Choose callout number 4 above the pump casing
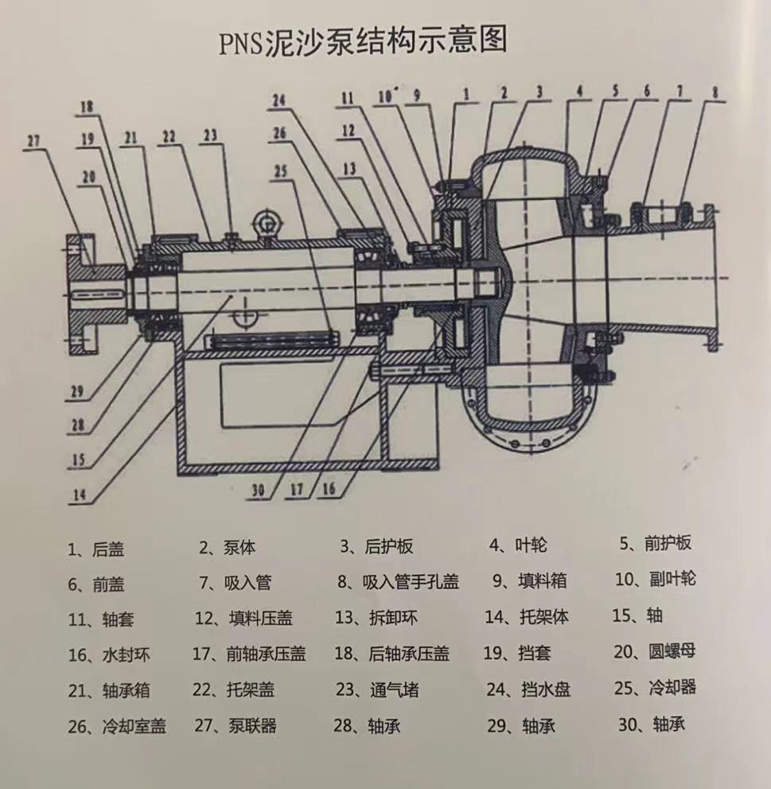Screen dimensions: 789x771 (x=580, y=92)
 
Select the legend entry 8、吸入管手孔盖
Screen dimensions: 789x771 (x=399, y=581)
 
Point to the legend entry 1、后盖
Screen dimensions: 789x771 (x=96, y=549)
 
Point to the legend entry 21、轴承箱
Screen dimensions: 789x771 (x=107, y=690)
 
